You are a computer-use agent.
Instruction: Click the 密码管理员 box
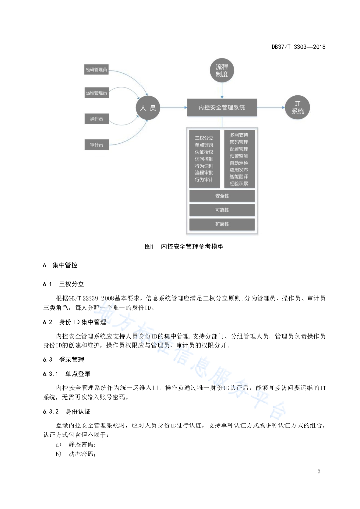point(96,70)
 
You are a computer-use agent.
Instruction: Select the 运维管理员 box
point(96,93)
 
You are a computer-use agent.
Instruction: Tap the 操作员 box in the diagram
point(96,119)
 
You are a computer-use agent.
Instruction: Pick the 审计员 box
point(96,145)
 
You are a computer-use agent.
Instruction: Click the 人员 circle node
point(148,108)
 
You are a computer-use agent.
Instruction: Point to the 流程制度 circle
point(222,70)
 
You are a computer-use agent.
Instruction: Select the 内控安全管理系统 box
point(222,107)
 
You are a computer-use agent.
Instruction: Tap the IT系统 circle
point(297,107)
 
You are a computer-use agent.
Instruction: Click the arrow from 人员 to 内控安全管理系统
point(174,107)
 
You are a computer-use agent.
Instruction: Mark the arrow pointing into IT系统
point(271,107)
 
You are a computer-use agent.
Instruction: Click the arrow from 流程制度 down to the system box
point(222,90)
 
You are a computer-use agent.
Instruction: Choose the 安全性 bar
point(222,196)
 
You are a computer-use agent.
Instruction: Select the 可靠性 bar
point(222,210)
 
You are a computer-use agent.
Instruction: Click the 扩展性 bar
point(222,224)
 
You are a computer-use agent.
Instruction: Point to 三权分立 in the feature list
point(204,138)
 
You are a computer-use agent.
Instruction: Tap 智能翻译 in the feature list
point(239,177)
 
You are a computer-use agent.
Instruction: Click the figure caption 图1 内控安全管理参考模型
point(184,247)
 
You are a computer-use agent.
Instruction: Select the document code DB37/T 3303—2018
point(299,47)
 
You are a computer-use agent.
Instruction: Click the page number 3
point(319,471)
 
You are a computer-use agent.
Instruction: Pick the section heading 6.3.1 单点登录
point(67,374)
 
